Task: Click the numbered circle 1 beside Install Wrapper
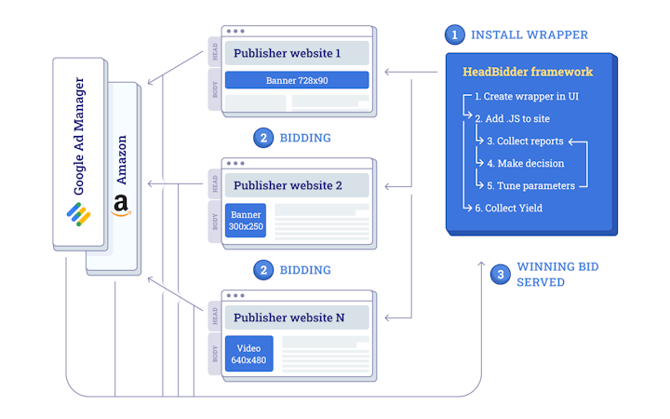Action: [454, 35]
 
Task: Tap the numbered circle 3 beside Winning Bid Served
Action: [501, 275]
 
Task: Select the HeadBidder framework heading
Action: [527, 72]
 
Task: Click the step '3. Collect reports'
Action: [525, 141]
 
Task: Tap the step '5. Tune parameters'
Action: [530, 185]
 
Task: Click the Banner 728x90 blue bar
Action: [297, 80]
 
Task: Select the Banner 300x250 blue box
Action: [245, 221]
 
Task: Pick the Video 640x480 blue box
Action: [248, 354]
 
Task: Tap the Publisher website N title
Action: [288, 318]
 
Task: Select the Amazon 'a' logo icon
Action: [120, 206]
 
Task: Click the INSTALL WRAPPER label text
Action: [529, 35]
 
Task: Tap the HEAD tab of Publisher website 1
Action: [215, 53]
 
